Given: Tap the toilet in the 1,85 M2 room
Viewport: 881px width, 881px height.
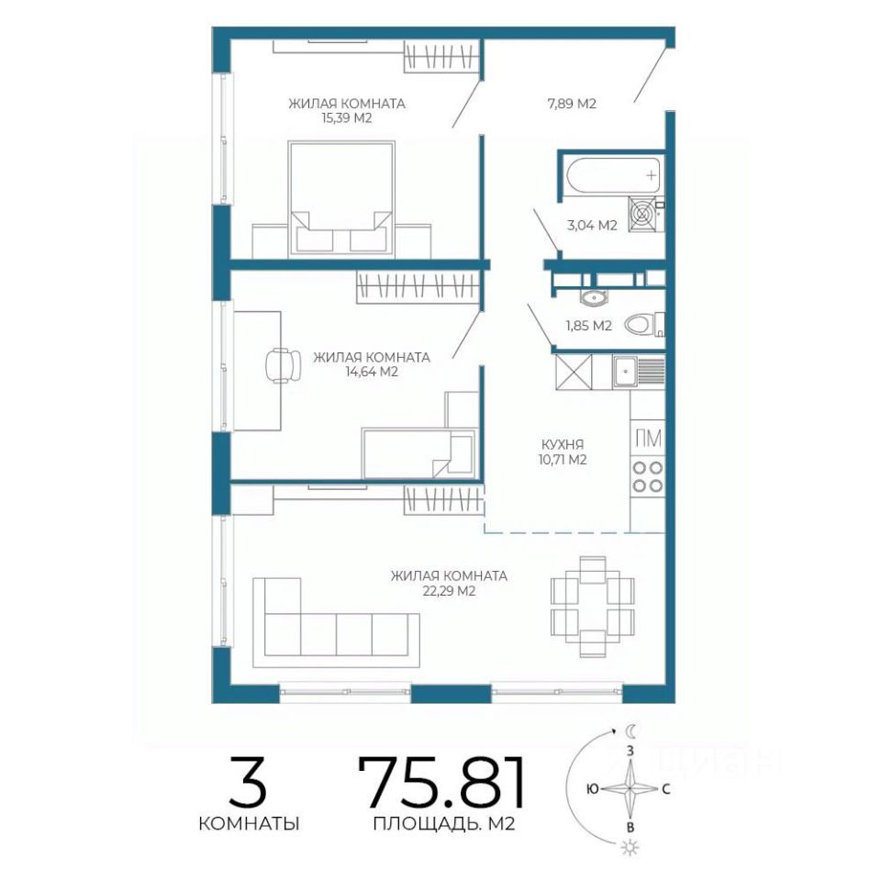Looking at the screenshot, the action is (644, 324).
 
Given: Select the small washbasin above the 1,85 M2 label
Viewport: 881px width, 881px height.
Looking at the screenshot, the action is (592, 297).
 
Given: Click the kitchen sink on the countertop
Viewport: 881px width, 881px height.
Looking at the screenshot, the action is (639, 372).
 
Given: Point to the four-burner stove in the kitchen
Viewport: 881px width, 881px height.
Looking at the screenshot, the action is (647, 476).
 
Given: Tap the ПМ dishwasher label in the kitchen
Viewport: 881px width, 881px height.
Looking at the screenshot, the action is (648, 439).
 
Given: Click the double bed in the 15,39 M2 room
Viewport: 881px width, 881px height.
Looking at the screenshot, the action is (340, 198).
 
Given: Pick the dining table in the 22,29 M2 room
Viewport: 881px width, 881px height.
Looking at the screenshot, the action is (592, 606).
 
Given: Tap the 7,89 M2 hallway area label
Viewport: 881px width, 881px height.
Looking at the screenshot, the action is (572, 104).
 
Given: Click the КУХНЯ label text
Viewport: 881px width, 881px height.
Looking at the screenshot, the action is (563, 444).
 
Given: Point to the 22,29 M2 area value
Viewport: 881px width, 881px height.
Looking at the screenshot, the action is (448, 590).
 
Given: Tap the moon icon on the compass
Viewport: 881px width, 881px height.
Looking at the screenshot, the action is (631, 730).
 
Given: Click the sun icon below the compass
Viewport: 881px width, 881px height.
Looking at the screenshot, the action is (630, 847).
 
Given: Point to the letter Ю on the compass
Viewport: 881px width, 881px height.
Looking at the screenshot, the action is (592, 789).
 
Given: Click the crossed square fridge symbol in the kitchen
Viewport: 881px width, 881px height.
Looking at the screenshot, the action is (574, 372).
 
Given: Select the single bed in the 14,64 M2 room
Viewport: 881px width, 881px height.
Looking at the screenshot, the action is (419, 452).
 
